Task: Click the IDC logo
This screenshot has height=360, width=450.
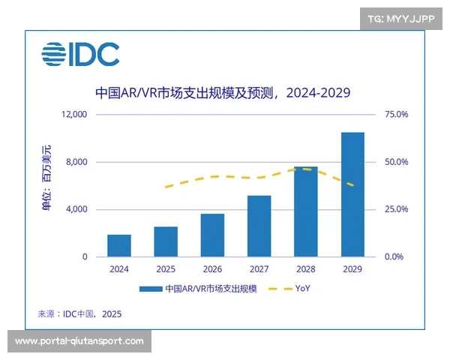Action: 80,54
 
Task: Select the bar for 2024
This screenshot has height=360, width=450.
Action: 119,245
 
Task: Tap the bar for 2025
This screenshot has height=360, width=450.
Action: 166,241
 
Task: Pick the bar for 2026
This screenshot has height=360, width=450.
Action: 212,235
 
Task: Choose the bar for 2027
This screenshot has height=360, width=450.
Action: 259,226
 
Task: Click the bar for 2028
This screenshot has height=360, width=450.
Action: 305,211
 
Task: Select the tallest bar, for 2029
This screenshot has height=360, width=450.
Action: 352,194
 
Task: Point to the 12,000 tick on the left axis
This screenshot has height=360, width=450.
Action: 74,115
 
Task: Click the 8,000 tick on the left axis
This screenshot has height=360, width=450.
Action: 76,162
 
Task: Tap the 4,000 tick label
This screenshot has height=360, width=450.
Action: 76,209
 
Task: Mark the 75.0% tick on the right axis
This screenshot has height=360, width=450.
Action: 396,115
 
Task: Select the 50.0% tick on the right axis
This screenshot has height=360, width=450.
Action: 396,162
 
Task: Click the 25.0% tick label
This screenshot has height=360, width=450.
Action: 396,209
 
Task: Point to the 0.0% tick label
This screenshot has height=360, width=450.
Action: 396,256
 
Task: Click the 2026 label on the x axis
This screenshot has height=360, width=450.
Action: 212,269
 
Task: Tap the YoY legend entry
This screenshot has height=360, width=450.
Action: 292,289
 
